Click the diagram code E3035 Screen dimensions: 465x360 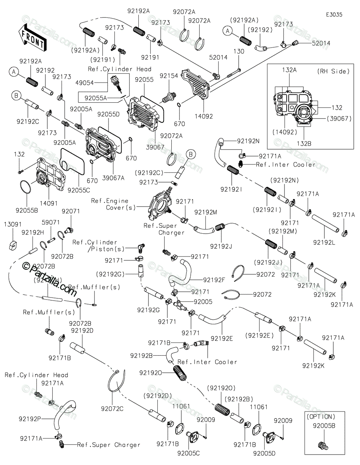coord(334,14)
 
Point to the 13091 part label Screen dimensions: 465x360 coord(12,224)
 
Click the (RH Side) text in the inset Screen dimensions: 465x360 coord(333,71)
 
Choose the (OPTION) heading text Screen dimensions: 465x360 coord(320,417)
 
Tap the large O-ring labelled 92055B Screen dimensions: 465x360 coord(26,187)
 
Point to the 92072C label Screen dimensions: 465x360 coord(112,408)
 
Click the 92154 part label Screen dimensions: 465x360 coord(169,76)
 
